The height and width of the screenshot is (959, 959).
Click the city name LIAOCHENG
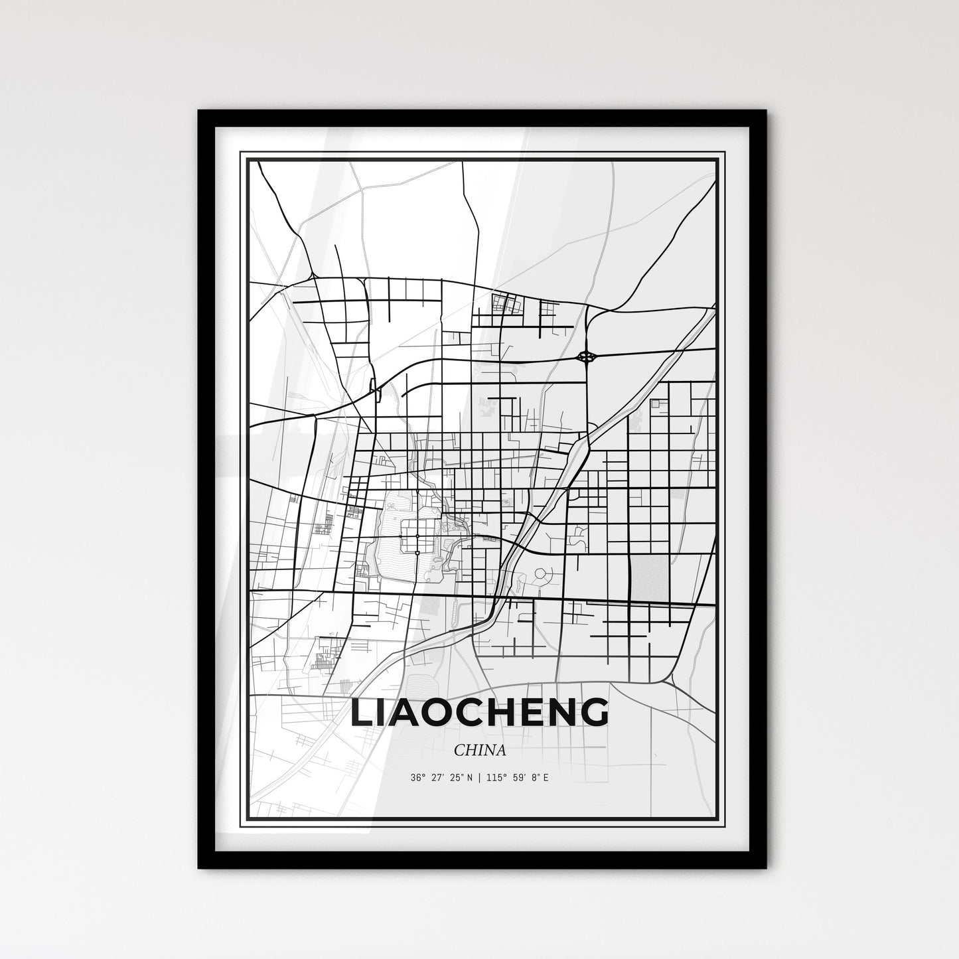[479, 712]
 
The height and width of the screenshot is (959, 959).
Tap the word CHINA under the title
[480, 751]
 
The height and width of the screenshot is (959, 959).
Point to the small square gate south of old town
[417, 552]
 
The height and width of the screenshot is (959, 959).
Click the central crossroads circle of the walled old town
[417, 535]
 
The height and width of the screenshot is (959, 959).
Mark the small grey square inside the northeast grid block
[655, 404]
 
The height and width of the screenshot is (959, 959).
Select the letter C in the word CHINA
[459, 751]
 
